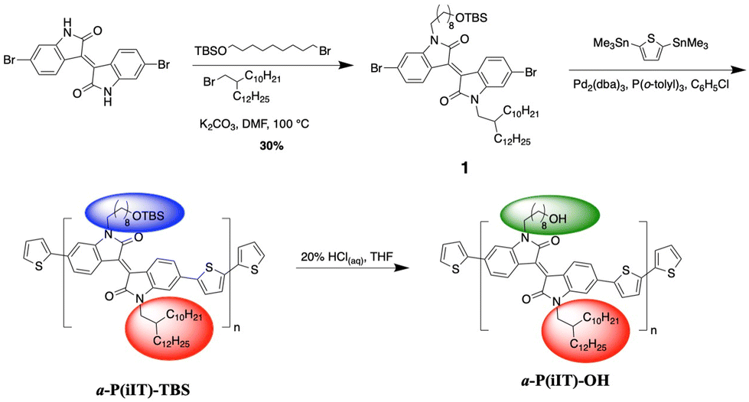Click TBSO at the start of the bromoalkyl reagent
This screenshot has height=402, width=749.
point(210,50)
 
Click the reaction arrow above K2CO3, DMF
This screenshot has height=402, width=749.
point(264,67)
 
